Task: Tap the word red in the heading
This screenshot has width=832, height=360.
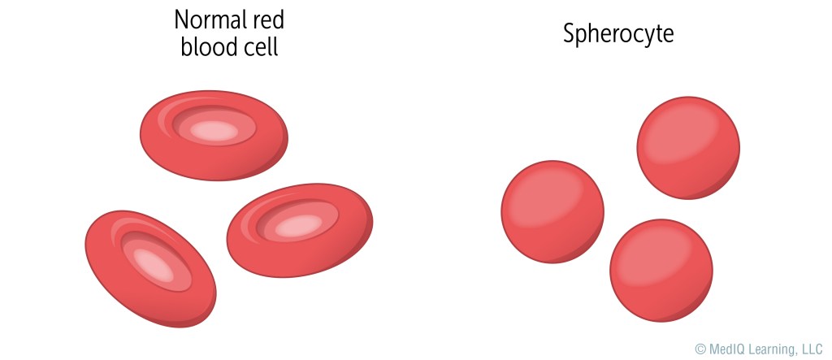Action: coord(268,20)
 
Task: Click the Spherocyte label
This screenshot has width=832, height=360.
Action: coord(619,34)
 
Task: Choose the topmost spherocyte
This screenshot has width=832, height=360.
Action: coord(688,148)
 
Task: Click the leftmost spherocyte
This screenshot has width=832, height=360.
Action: coord(552,211)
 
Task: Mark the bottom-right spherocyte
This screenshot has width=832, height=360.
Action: coord(661,271)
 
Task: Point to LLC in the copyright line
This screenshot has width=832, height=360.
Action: coord(812,349)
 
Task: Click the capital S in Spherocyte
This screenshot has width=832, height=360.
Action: coord(570,34)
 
